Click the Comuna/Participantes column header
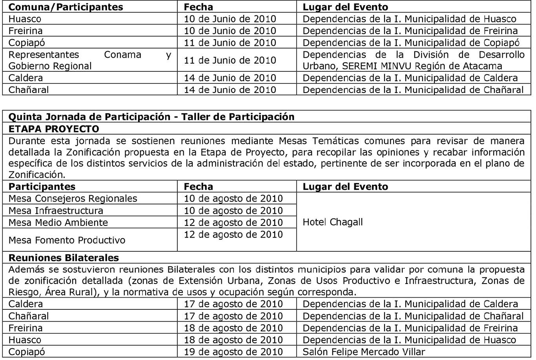66,7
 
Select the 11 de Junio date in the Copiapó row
230,43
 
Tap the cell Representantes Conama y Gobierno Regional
89,60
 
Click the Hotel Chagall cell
333,222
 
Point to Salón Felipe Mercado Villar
364,352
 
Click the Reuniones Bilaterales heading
64,258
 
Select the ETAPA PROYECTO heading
54,129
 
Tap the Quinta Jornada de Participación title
151,117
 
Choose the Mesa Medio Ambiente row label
58,223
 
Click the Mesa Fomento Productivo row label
67,240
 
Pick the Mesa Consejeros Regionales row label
73,198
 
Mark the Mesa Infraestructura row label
56,211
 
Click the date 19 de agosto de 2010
233,352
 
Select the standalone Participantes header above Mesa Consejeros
42,187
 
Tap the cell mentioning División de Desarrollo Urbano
413,60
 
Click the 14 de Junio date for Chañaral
230,90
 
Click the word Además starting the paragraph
24,269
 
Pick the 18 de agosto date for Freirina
233,328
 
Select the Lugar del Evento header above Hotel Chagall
345,187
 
